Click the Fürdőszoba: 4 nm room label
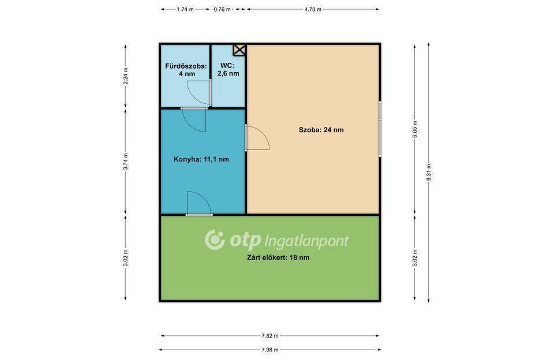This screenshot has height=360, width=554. click(x=186, y=70)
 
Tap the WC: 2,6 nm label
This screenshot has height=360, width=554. click(x=228, y=70)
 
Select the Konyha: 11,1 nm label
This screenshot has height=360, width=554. click(x=201, y=159)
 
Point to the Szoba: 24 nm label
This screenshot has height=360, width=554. click(x=321, y=130)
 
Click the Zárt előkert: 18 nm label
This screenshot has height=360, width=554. click(x=278, y=257)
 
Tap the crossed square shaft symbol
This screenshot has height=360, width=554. click(x=239, y=50)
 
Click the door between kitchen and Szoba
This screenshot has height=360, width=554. click(x=257, y=137)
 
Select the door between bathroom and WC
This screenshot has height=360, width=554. click(x=200, y=92)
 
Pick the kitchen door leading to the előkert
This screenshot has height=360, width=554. click(x=199, y=204)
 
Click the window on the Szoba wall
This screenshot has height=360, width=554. click(x=380, y=129)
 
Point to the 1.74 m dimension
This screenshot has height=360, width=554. click(x=185, y=10)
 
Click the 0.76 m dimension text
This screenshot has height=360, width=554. click(x=222, y=10)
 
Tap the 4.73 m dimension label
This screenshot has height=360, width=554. click(x=313, y=10)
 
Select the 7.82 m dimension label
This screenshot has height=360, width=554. click(x=270, y=336)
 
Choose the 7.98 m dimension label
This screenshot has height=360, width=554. click(x=270, y=350)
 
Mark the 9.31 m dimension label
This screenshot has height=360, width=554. click(x=429, y=172)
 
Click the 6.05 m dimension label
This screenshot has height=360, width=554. click(x=415, y=129)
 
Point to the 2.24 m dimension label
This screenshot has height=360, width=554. click(x=125, y=76)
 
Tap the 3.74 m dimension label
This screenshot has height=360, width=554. click(x=125, y=162)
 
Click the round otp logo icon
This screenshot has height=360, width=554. click(x=215, y=239)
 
